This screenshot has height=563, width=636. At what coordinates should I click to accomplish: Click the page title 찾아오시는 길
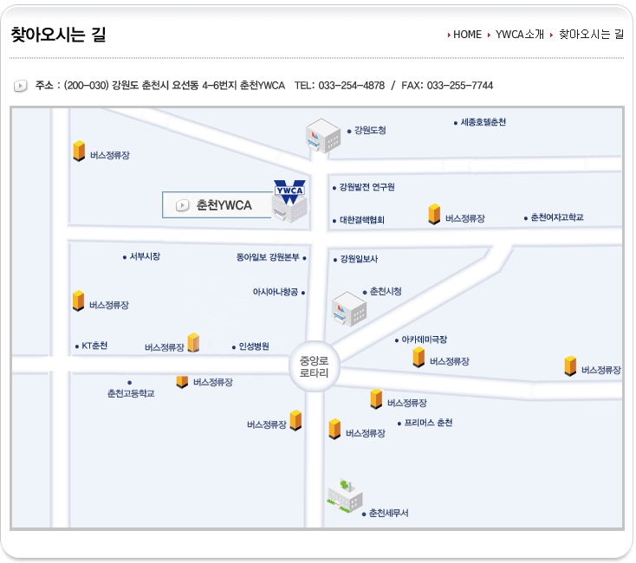[x=58, y=36]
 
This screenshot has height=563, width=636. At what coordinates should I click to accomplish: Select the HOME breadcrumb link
[x=467, y=35]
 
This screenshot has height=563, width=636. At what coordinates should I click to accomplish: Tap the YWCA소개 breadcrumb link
[x=520, y=35]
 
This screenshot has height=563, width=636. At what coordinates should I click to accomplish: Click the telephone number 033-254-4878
[x=351, y=86]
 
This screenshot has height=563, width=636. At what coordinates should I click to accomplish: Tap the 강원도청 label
[x=370, y=131]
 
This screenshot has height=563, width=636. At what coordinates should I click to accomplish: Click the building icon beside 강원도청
[x=324, y=135]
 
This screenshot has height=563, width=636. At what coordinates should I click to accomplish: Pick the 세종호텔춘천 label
[x=483, y=123]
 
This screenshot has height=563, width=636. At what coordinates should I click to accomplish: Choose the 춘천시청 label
[x=385, y=292]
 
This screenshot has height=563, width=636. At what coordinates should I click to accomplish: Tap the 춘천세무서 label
[x=387, y=513]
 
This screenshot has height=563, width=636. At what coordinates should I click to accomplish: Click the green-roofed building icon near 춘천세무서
[x=344, y=495]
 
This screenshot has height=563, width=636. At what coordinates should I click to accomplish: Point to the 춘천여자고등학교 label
[x=556, y=217]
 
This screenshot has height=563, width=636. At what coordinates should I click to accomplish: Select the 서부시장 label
[x=145, y=256]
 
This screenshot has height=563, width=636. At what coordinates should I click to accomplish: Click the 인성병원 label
[x=254, y=346]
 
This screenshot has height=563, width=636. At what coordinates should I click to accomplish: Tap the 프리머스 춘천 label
[x=427, y=424]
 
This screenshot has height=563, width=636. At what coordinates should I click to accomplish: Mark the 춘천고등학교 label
[x=131, y=393]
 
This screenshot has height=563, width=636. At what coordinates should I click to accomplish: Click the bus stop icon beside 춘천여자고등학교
[x=434, y=214]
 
